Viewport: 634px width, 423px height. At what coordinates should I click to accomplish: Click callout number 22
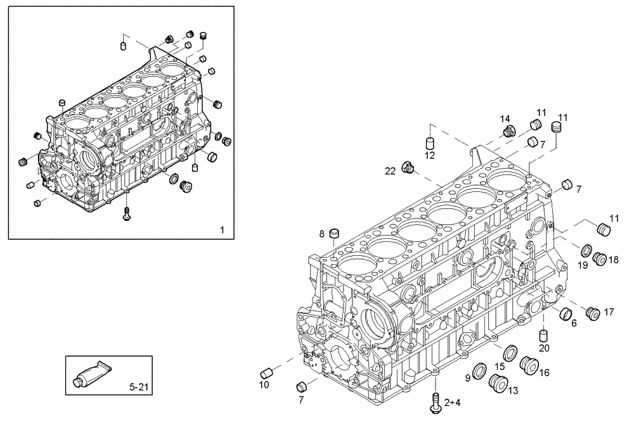(391, 170)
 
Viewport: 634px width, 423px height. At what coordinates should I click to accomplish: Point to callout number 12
(429, 155)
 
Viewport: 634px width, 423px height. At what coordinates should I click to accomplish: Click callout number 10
(264, 384)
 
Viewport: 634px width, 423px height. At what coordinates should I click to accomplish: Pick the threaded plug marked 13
(497, 382)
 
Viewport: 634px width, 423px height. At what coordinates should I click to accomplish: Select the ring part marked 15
(509, 352)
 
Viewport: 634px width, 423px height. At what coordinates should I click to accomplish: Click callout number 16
(543, 373)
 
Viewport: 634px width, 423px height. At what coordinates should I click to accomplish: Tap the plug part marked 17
(593, 313)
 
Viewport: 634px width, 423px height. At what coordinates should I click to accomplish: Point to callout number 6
(574, 324)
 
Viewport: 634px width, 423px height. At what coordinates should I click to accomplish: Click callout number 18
(613, 260)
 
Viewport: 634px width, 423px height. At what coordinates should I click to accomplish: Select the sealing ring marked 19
(587, 252)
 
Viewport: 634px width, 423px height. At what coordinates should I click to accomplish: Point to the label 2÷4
(453, 401)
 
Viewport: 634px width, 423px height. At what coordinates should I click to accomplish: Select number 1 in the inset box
(222, 229)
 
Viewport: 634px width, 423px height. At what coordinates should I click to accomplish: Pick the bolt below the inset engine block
(127, 214)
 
